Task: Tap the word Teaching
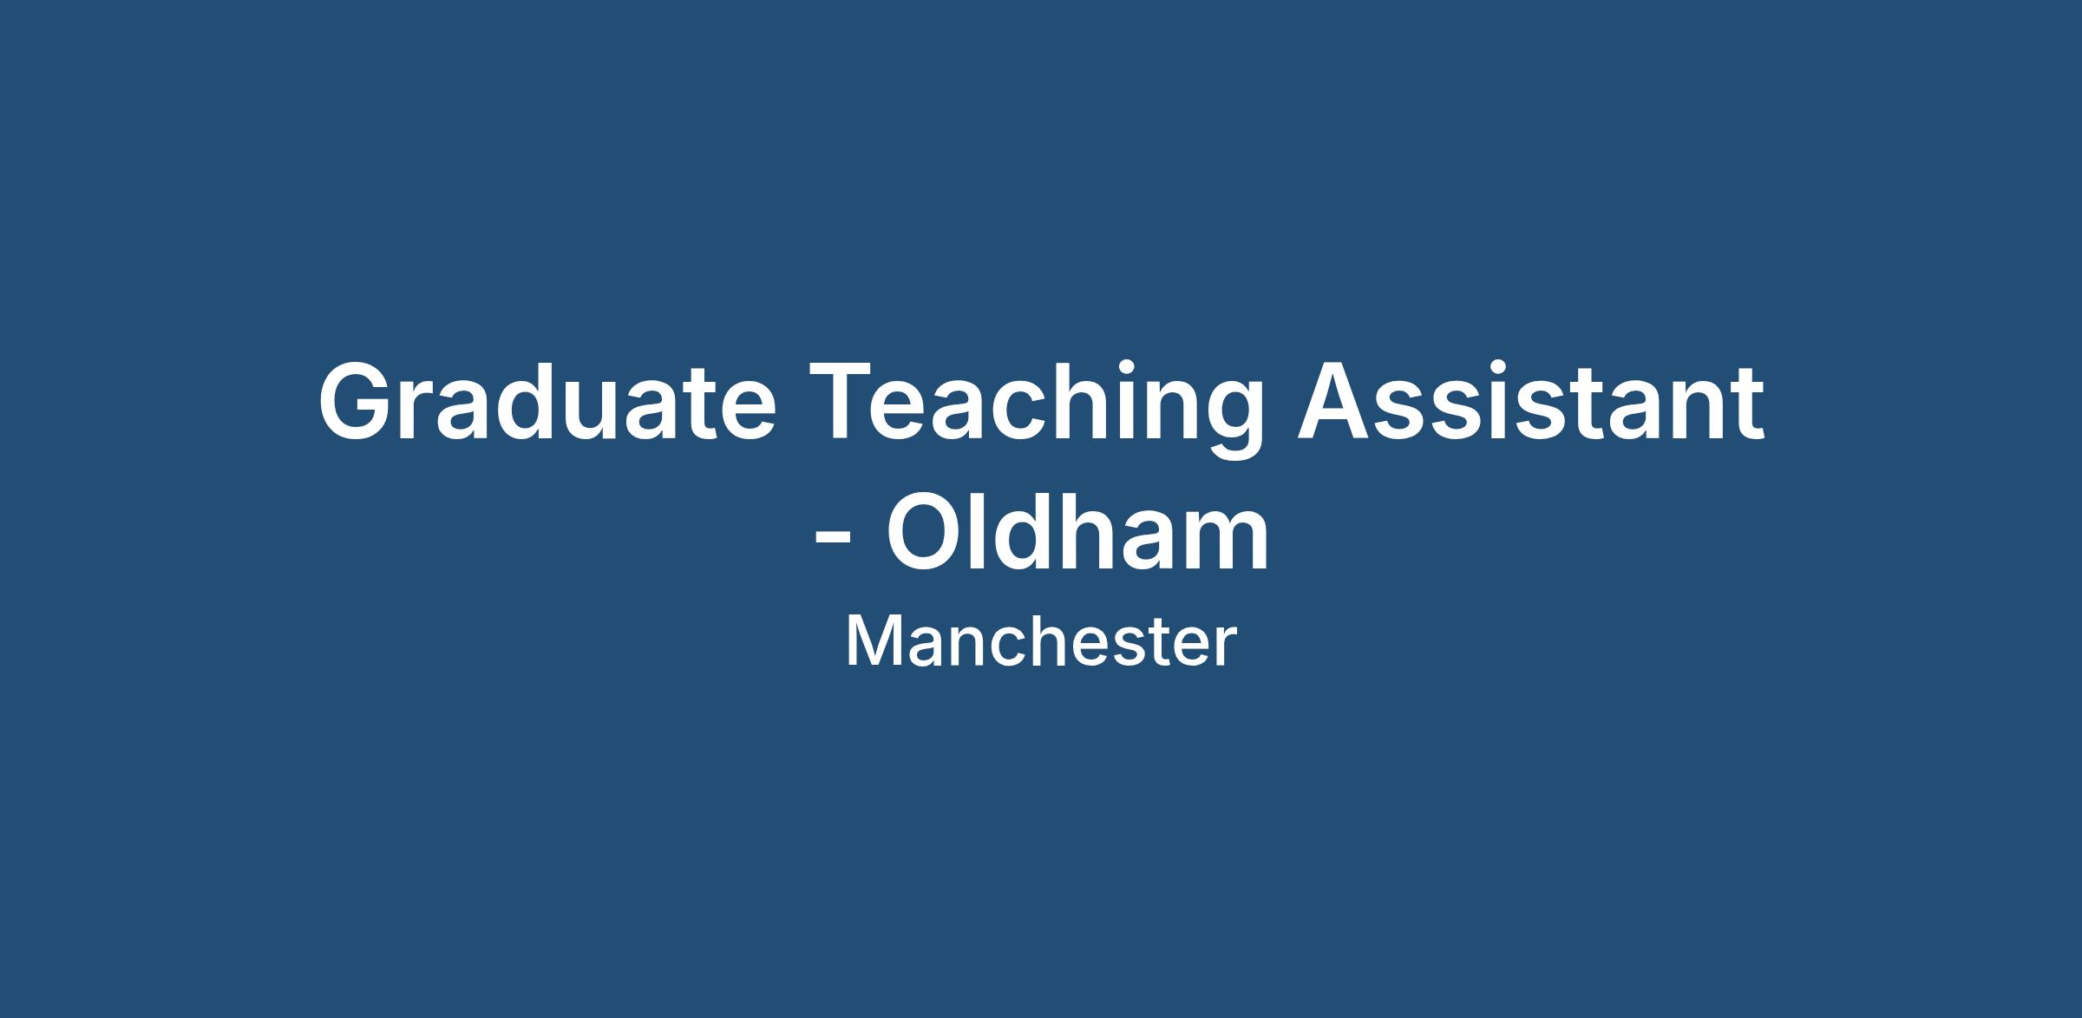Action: [x=1036, y=408]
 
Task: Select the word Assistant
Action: [x=1530, y=401]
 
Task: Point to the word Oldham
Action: [x=1077, y=531]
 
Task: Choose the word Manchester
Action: [x=1041, y=641]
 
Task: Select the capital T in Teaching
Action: [x=844, y=402]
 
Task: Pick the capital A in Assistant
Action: [x=1335, y=402]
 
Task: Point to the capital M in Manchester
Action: [x=870, y=641]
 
